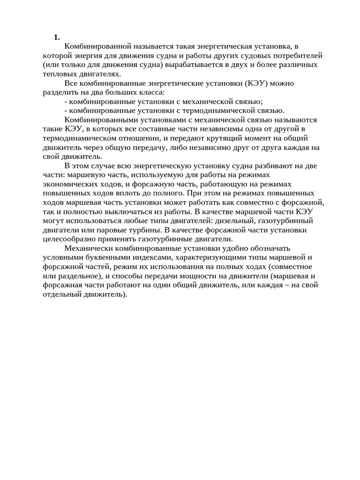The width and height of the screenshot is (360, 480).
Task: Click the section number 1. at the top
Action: click(x=57, y=37)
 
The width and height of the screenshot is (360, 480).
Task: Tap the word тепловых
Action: click(x=58, y=74)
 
